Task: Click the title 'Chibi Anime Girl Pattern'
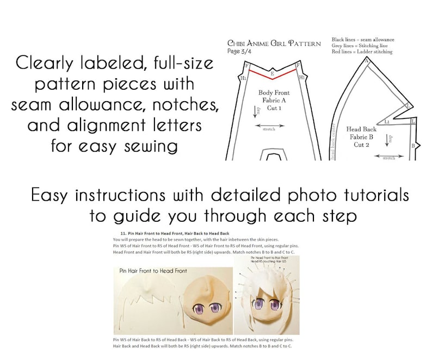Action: click(x=274, y=43)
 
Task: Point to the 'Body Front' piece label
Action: click(x=274, y=93)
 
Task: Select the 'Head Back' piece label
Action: click(x=361, y=129)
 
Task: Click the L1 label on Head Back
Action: click(x=387, y=122)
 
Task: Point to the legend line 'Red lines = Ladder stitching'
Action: click(x=362, y=52)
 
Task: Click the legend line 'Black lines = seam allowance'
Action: click(x=363, y=40)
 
